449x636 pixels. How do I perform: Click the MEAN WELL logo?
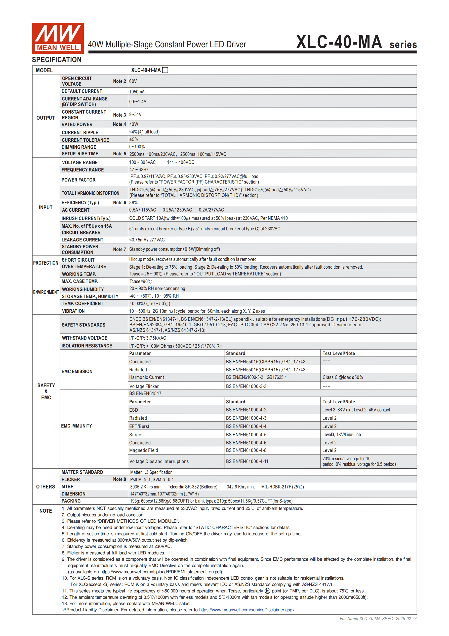(x=58, y=38)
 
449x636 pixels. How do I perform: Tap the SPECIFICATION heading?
(x=57, y=60)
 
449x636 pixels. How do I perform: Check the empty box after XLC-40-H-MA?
(x=165, y=70)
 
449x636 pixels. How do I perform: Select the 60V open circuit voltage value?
(x=133, y=81)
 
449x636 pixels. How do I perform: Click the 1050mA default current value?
(x=137, y=92)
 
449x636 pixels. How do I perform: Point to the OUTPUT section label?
(x=46, y=118)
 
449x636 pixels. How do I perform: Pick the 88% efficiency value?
(x=133, y=203)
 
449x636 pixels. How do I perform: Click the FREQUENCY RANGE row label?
(x=83, y=170)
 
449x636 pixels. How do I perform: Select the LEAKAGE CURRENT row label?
(x=82, y=240)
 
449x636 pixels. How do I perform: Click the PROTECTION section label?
(x=46, y=263)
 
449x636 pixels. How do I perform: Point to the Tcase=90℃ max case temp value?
(x=141, y=281)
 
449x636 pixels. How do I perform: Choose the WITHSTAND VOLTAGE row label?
(x=85, y=338)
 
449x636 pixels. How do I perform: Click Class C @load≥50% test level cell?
(x=342, y=377)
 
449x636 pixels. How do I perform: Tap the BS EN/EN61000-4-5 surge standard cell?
(x=246, y=435)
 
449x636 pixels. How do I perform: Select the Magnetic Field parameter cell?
(x=143, y=450)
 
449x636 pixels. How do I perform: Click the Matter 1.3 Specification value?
(x=151, y=472)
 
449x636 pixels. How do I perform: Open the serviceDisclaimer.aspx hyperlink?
(x=247, y=610)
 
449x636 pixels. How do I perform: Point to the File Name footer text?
(x=378, y=619)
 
